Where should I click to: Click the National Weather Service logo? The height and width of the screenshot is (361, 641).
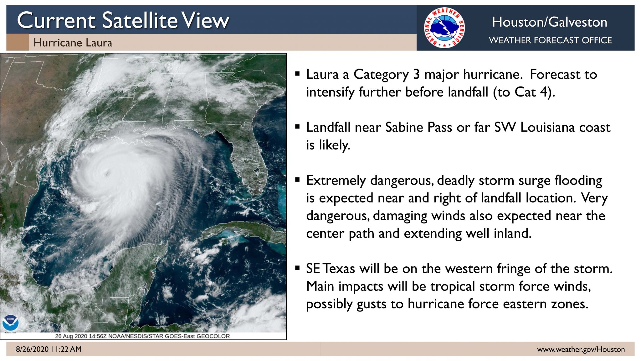click(444, 28)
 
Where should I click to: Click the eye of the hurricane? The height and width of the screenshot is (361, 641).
click(107, 172)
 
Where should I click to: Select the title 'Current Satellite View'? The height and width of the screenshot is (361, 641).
click(123, 21)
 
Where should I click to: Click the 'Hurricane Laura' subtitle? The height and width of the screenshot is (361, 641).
click(73, 43)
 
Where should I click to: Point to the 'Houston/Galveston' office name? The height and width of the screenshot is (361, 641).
click(549, 22)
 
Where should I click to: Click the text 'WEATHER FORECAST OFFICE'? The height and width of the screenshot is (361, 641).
click(550, 40)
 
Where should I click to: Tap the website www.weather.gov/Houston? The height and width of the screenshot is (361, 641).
click(581, 349)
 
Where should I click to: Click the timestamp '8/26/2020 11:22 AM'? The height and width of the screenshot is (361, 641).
click(49, 349)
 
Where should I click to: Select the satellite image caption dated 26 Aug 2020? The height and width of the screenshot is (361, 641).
click(142, 336)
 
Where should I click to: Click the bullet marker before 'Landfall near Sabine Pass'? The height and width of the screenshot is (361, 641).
click(297, 127)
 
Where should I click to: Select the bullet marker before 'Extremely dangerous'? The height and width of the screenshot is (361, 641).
click(297, 180)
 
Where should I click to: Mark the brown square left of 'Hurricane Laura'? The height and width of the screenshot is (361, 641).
click(18, 42)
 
